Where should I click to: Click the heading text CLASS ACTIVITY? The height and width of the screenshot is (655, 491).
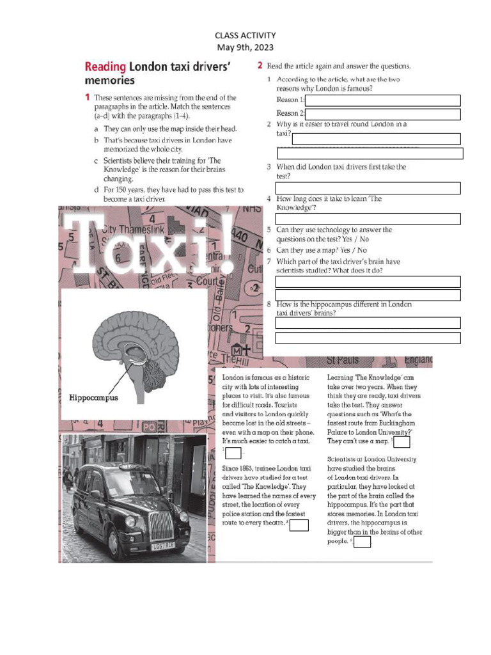pyautogui.click(x=245, y=36)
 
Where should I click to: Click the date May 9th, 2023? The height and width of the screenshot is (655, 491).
pyautogui.click(x=245, y=47)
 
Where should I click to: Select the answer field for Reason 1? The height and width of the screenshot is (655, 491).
pyautogui.click(x=383, y=100)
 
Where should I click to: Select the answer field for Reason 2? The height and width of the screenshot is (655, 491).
pyautogui.click(x=383, y=114)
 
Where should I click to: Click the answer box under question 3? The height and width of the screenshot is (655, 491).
pyautogui.click(x=368, y=188)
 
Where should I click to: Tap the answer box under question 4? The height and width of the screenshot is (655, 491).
pyautogui.click(x=368, y=219)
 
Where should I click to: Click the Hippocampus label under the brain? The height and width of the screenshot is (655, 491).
pyautogui.click(x=93, y=397)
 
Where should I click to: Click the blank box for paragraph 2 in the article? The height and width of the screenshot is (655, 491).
pyautogui.click(x=300, y=525)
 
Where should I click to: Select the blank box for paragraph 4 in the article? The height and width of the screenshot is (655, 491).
pyautogui.click(x=362, y=542)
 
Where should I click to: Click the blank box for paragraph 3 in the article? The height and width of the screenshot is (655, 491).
pyautogui.click(x=402, y=442)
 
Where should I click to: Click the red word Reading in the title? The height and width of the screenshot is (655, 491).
pyautogui.click(x=105, y=67)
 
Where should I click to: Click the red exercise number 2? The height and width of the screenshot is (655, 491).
pyautogui.click(x=260, y=65)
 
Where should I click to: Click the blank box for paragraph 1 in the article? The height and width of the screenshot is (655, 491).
pyautogui.click(x=233, y=453)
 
